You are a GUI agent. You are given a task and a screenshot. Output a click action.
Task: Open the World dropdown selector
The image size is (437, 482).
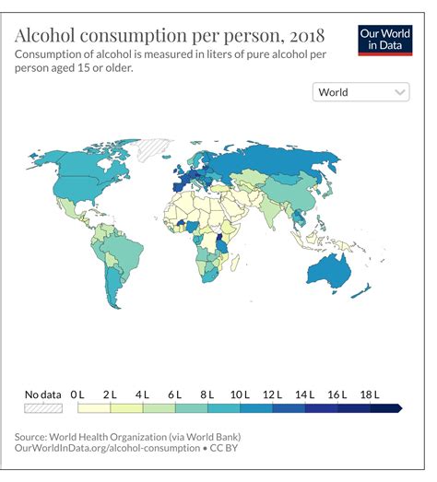(x=361, y=92)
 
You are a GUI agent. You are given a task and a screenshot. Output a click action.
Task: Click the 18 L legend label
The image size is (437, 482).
(x=370, y=394)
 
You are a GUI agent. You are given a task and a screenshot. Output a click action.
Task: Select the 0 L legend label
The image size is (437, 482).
(x=77, y=394)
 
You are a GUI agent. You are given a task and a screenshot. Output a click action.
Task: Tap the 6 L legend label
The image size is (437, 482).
(x=175, y=394)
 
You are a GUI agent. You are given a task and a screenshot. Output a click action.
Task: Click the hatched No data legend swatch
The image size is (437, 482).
(x=42, y=407)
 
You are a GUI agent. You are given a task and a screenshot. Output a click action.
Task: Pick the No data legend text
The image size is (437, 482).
(x=42, y=394)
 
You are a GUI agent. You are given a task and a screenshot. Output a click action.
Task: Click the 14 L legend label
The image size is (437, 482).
(x=304, y=394)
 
